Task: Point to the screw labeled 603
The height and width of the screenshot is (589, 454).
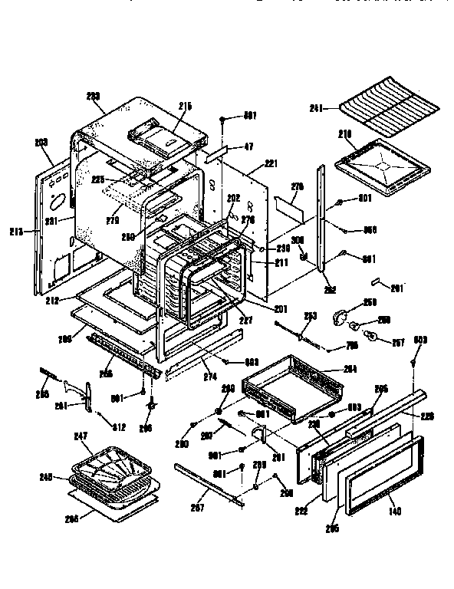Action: pos(413,353)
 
